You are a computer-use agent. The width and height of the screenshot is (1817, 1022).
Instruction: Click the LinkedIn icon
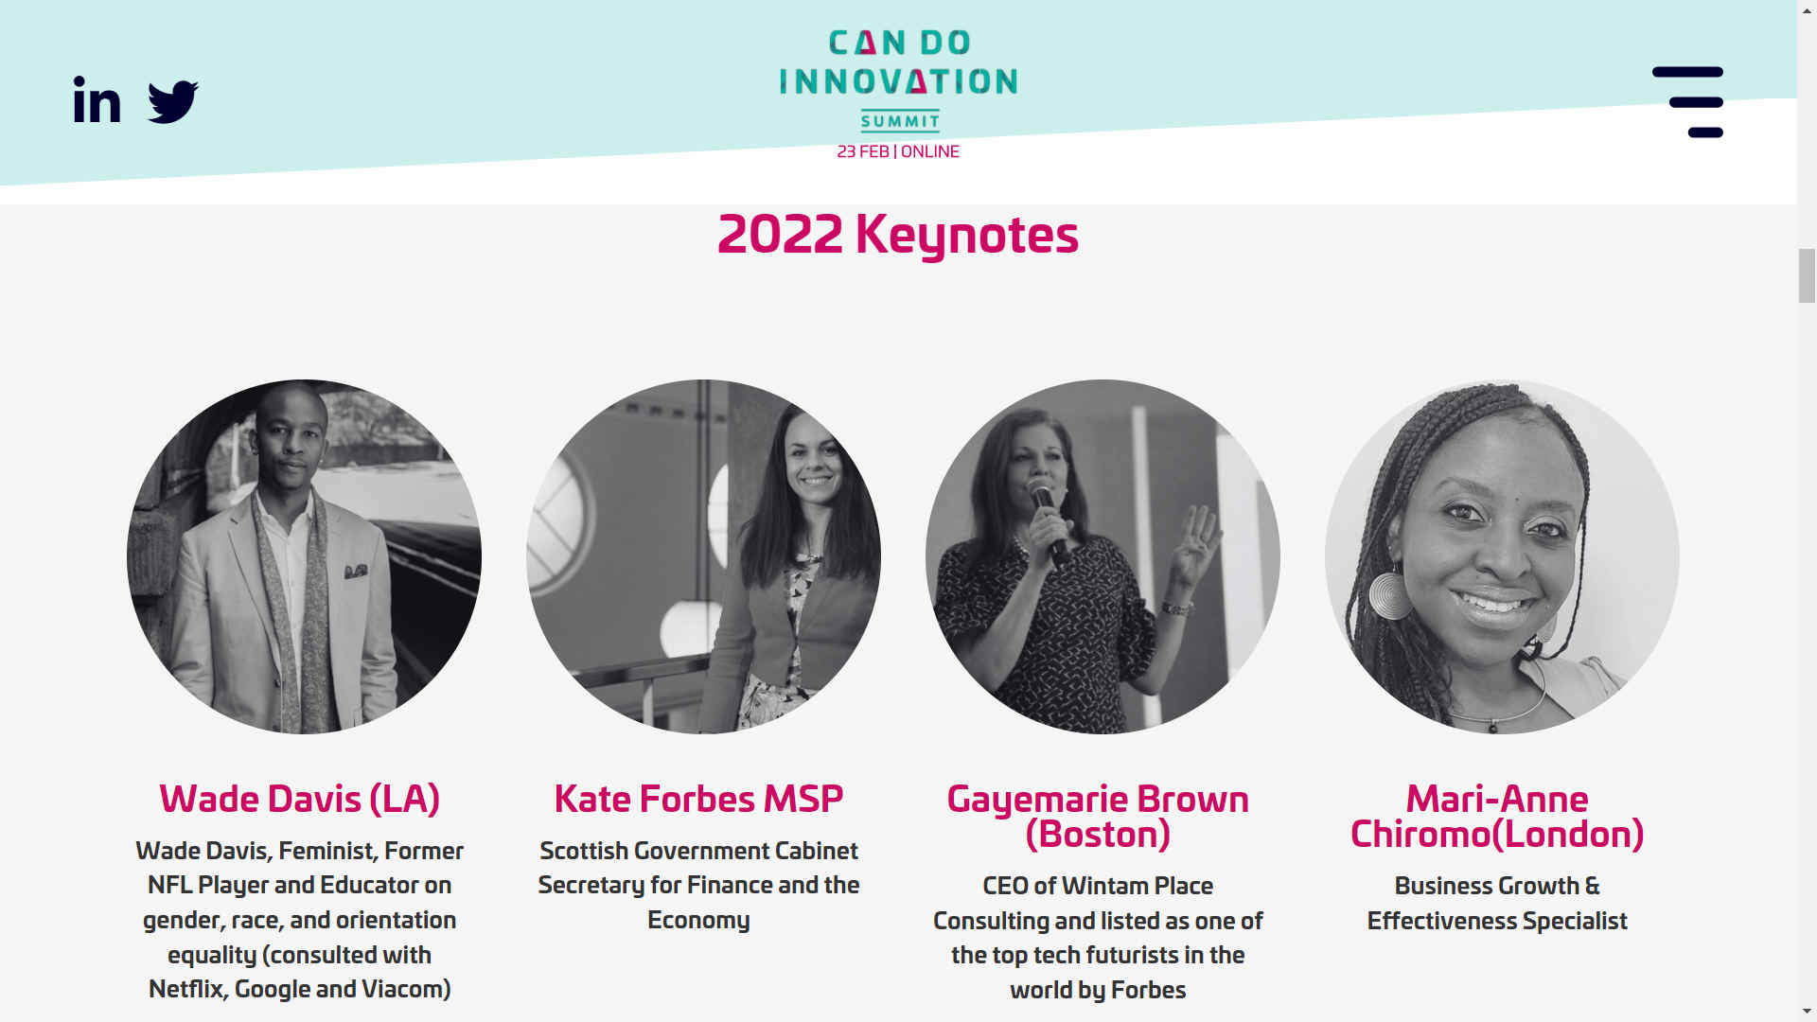coord(97,100)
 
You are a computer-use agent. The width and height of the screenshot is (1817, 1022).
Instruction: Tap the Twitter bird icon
coord(173,101)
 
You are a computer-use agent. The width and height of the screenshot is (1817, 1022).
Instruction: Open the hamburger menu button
coord(1687,102)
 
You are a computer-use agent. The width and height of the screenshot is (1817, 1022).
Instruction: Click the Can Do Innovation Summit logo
coord(898,80)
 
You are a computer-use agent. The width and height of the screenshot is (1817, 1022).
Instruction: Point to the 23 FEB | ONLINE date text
coord(898,151)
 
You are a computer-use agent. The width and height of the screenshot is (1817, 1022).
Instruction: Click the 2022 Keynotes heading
coord(898,234)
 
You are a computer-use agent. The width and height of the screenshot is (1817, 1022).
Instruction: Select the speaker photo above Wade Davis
coord(304,556)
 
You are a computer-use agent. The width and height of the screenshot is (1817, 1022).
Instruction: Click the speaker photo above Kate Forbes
coord(703,556)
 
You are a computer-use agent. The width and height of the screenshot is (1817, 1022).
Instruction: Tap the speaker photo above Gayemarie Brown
coord(1103,556)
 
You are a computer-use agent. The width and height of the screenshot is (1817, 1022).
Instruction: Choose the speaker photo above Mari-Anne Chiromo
coord(1502,556)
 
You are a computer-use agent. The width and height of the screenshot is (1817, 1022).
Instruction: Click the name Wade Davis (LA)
coord(300,799)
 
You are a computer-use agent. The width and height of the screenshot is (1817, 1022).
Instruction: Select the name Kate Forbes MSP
coord(698,799)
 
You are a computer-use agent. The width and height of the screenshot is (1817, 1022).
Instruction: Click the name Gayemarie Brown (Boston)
coord(1098,816)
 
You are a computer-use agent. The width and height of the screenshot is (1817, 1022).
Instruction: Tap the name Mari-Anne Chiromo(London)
coord(1497,816)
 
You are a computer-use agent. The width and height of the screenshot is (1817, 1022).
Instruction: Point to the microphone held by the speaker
coord(1049,520)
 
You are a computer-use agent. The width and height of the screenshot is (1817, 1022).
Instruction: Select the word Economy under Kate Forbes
coord(698,920)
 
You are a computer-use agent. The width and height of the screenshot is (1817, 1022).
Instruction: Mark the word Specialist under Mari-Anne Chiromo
coord(1575,921)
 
